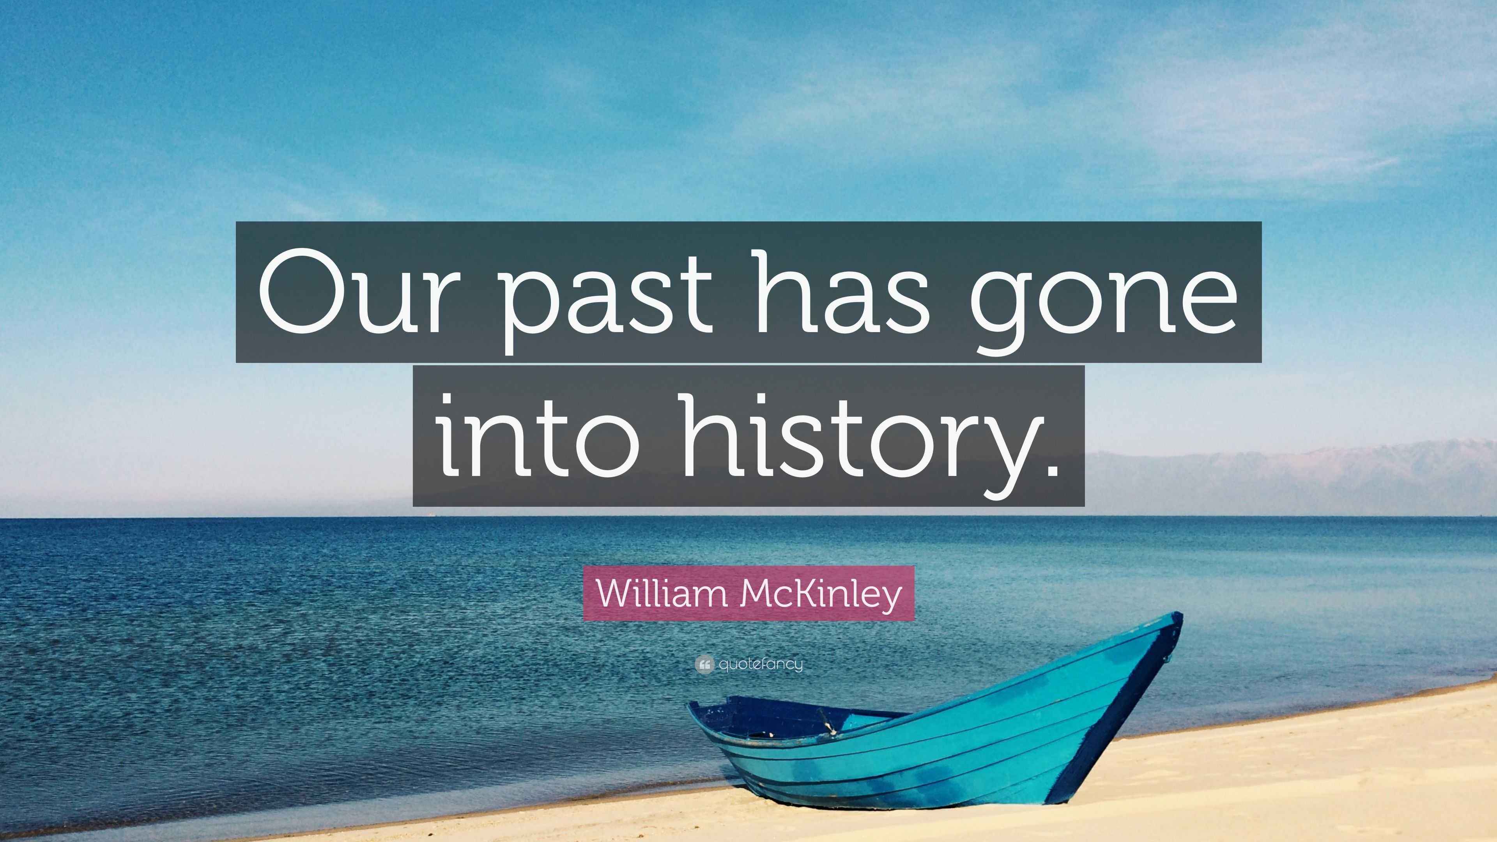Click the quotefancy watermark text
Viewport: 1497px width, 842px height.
761,665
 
